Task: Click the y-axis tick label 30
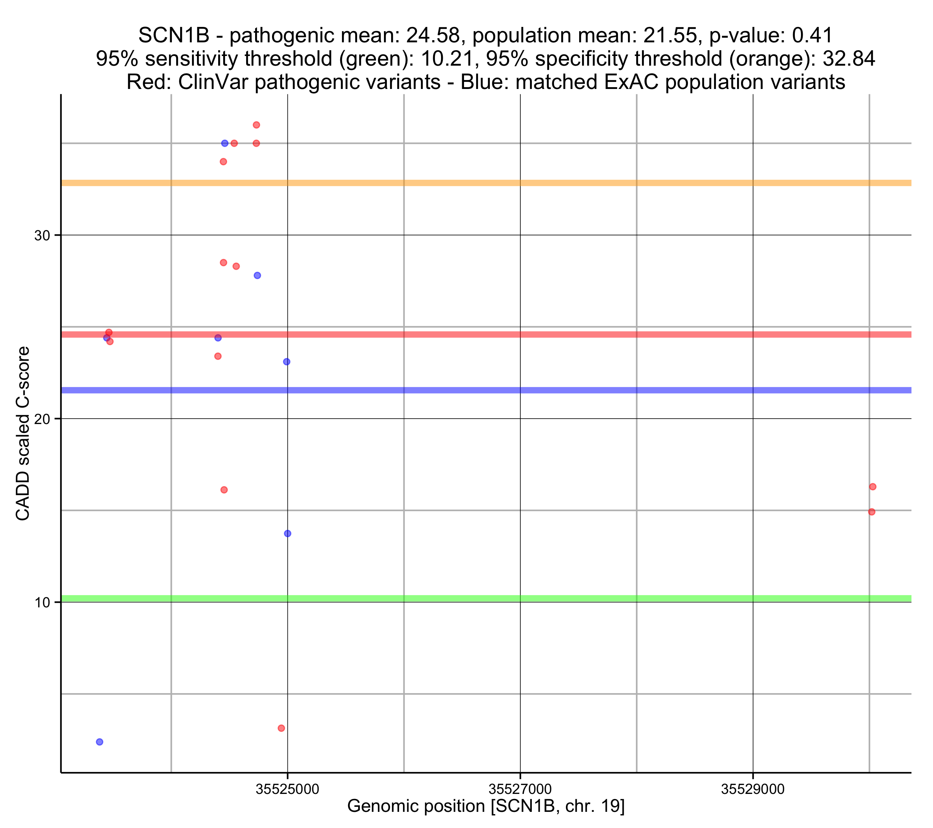42,236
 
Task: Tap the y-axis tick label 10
42,603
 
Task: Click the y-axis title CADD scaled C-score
23,434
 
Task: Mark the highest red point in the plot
257,125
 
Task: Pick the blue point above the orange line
225,144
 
